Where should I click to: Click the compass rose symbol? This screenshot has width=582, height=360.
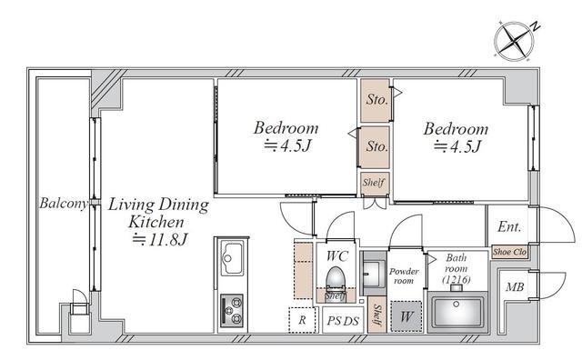click(x=514, y=40)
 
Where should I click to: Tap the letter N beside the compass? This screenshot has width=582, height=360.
click(x=535, y=26)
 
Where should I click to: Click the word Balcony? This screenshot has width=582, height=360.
click(x=64, y=203)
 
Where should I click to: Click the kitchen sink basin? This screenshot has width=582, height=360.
click(x=232, y=258)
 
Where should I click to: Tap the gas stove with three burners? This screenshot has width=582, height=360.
click(x=232, y=310)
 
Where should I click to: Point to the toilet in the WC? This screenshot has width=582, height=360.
click(x=336, y=280)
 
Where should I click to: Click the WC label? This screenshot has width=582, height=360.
click(x=337, y=256)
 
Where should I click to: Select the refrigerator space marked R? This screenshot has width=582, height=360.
click(x=302, y=320)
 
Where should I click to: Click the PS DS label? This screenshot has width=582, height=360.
click(x=343, y=321)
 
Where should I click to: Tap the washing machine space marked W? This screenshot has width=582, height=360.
click(x=406, y=316)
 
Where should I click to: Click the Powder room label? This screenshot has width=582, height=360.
click(x=404, y=276)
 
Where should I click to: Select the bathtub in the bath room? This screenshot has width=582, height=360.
click(x=457, y=312)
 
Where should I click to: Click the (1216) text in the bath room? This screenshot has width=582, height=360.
click(x=457, y=279)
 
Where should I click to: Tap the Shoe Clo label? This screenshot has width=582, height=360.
click(x=509, y=252)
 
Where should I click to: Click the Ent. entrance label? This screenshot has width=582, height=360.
click(x=509, y=226)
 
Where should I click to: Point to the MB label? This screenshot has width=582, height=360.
click(x=515, y=287)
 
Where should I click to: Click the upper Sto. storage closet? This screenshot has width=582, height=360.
click(x=376, y=100)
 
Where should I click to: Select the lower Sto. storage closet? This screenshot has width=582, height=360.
click(x=376, y=147)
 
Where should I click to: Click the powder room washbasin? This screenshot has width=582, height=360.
click(x=374, y=274)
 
